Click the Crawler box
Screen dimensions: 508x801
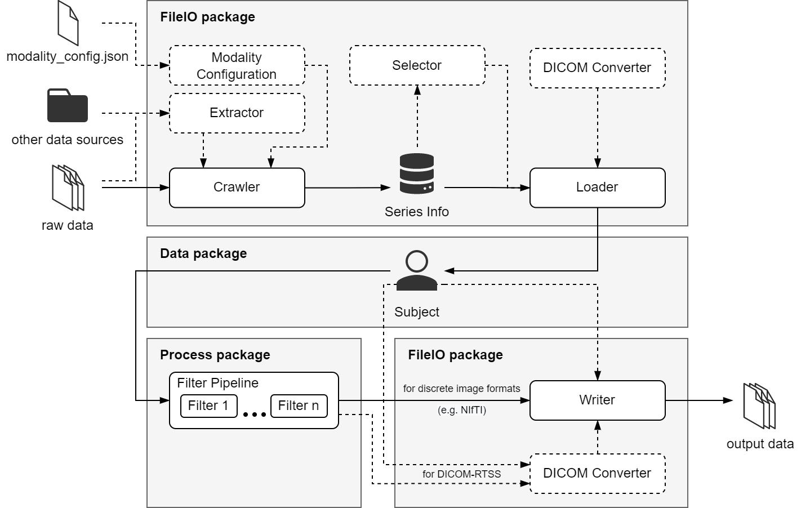(x=237, y=188)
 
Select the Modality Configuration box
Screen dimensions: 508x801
(x=237, y=66)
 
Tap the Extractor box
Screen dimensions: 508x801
(x=237, y=113)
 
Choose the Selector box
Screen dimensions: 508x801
(x=417, y=66)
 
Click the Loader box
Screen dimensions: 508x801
(x=597, y=188)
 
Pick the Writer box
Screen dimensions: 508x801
(x=597, y=400)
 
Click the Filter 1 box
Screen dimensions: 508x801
(x=208, y=406)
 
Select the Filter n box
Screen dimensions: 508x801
(x=299, y=406)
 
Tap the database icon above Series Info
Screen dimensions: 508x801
(x=416, y=174)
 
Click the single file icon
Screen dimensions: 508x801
(x=68, y=23)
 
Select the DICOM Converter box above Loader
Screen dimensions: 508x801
(x=597, y=68)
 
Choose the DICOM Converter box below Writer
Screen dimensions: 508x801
(x=597, y=474)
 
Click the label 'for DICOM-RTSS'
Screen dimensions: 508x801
(x=461, y=474)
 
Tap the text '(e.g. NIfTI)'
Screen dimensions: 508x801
(x=461, y=410)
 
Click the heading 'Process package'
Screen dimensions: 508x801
(x=215, y=355)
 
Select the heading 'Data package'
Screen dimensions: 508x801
(x=203, y=253)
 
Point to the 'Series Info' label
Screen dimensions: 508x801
(x=416, y=212)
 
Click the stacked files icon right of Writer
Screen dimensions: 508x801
(x=759, y=406)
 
